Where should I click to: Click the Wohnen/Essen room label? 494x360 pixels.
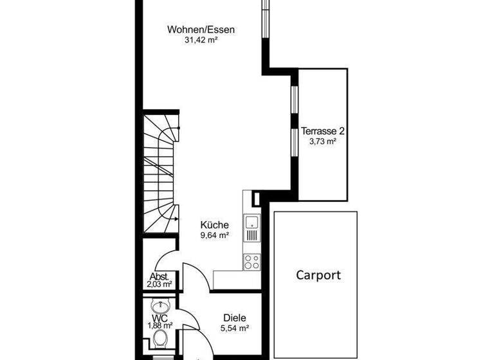201,29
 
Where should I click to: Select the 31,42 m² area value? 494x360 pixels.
201,40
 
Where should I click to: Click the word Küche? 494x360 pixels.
215,225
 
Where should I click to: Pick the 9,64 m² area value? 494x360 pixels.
215,235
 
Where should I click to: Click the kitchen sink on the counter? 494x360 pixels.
251,224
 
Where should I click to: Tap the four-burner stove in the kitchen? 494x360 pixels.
251,261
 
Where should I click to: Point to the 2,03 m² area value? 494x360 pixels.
160,284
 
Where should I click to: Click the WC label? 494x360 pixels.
160,318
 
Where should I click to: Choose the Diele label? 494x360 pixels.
235,318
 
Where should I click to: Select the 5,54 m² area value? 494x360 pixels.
235,328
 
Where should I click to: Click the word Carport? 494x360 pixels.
318,275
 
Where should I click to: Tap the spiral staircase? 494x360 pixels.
161,174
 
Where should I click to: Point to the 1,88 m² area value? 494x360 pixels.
160,326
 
